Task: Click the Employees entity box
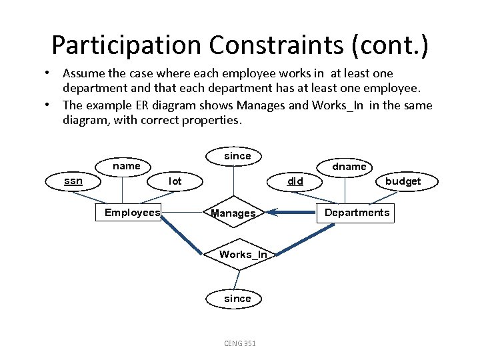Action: (x=133, y=213)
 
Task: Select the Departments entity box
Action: (x=357, y=213)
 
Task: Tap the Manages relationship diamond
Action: (x=233, y=213)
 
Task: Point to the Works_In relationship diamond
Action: (x=243, y=254)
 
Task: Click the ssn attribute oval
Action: (x=73, y=181)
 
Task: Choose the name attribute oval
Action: (x=126, y=166)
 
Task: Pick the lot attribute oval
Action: (x=175, y=181)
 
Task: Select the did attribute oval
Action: (x=295, y=181)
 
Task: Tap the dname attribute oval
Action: (x=349, y=166)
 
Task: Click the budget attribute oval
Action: (x=403, y=181)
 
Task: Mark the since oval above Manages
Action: (x=237, y=156)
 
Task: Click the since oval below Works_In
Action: (x=237, y=299)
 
